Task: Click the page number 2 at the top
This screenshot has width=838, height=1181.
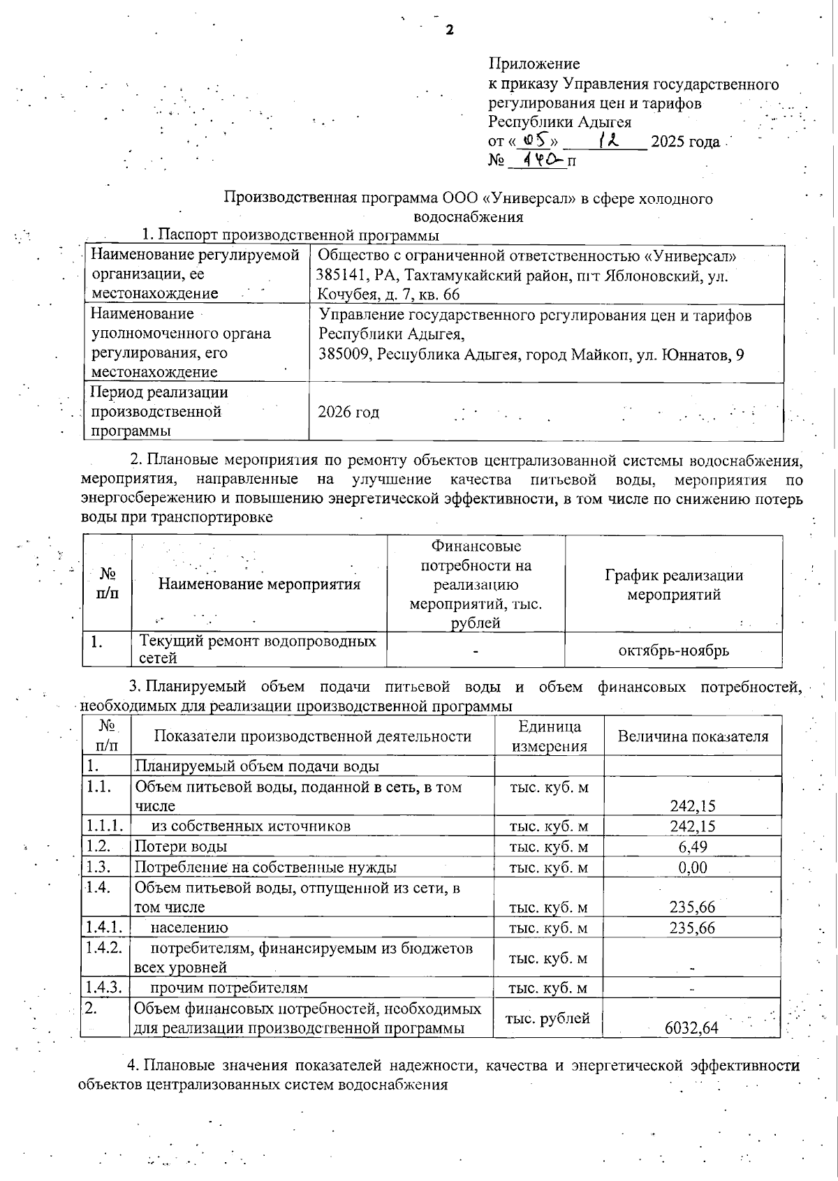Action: pyautogui.click(x=450, y=30)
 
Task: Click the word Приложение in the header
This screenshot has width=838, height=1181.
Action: pyautogui.click(x=534, y=64)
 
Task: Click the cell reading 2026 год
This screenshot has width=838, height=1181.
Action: pyautogui.click(x=348, y=412)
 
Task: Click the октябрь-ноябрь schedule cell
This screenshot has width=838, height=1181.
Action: pyautogui.click(x=673, y=651)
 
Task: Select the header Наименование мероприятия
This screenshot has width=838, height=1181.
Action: pyautogui.click(x=259, y=584)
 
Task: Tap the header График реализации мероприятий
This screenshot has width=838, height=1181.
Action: pyautogui.click(x=673, y=585)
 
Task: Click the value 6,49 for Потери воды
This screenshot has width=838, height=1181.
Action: pyautogui.click(x=692, y=847)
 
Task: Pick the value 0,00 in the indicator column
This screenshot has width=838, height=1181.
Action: pyautogui.click(x=692, y=868)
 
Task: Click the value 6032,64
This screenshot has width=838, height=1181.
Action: pyautogui.click(x=691, y=1027)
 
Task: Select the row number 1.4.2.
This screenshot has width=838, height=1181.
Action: pyautogui.click(x=104, y=948)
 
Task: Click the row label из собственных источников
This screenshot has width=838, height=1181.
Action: pyautogui.click(x=251, y=826)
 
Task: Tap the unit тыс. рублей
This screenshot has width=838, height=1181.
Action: pyautogui.click(x=547, y=1018)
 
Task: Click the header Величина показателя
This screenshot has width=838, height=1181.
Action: pyautogui.click(x=692, y=736)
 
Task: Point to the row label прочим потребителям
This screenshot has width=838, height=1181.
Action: pyautogui.click(x=229, y=988)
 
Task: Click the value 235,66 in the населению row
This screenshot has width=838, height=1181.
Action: pyautogui.click(x=692, y=928)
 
